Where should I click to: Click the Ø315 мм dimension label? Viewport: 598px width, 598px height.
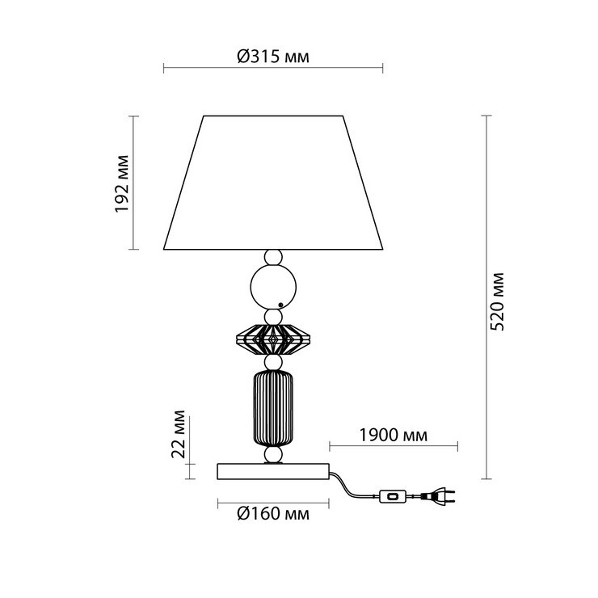(x=273, y=57)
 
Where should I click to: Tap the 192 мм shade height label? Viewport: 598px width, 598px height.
(x=122, y=183)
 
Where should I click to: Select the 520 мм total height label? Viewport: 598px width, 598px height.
(x=496, y=301)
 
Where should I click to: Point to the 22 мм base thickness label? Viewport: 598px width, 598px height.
(x=178, y=434)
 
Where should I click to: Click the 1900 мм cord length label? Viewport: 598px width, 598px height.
(x=394, y=435)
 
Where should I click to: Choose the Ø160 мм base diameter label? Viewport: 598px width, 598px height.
(x=273, y=514)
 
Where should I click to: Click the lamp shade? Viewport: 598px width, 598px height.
(x=273, y=183)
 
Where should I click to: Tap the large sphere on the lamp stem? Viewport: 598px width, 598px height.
(x=273, y=287)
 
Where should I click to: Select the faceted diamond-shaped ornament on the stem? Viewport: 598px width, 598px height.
(x=273, y=339)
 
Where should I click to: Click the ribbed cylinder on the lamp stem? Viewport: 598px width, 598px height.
(x=273, y=408)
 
